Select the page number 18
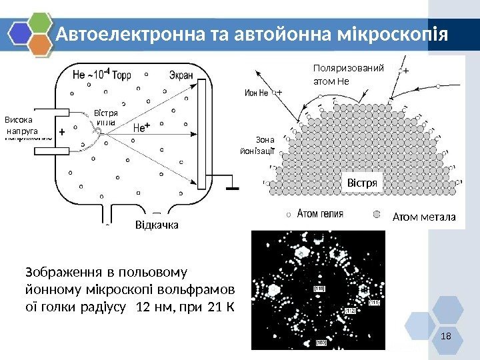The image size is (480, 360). tap(446, 334)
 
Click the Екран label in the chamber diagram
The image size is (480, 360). tap(181, 75)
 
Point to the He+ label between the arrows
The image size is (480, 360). tap(142, 127)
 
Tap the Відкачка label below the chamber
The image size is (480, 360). tap(157, 225)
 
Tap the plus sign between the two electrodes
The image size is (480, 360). tap(62, 133)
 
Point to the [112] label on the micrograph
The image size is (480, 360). tap(351, 311)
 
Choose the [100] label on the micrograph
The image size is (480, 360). tap(321, 342)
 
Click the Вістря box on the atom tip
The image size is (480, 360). tap(362, 182)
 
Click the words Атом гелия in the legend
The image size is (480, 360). tap(320, 215)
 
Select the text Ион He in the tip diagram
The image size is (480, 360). tap(257, 93)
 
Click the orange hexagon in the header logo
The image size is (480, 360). tap(41, 44)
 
